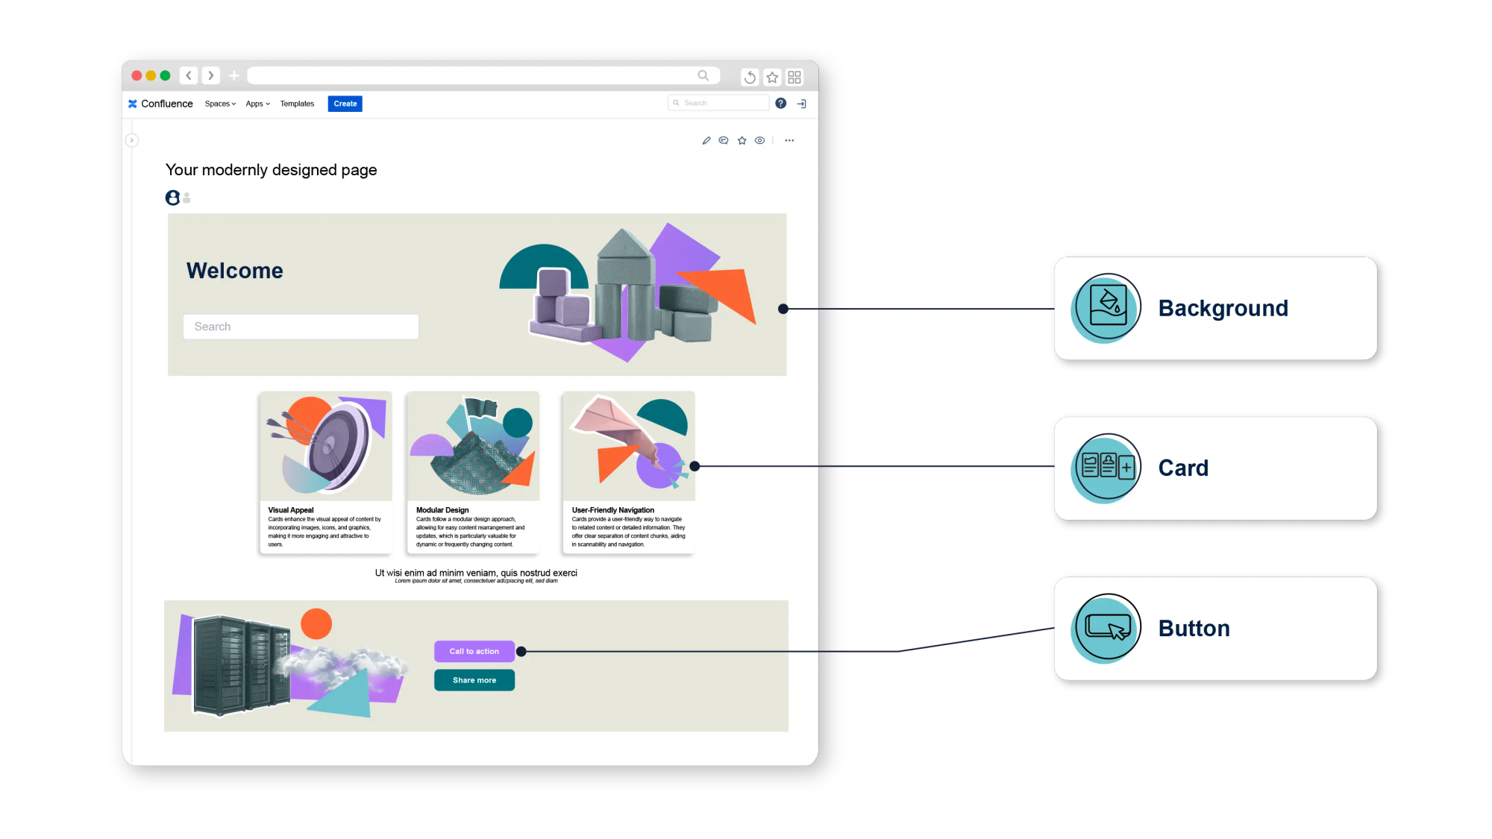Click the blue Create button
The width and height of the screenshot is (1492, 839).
[345, 104]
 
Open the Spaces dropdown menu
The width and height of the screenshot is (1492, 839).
[220, 104]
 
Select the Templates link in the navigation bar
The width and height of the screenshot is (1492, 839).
[297, 104]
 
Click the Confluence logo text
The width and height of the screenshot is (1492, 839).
[166, 104]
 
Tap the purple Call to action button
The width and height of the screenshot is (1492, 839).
[474, 651]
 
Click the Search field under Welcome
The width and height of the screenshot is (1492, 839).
[301, 327]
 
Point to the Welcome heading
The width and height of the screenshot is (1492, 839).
[235, 271]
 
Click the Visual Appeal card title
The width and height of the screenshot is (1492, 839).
[291, 510]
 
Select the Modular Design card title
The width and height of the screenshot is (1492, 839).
[442, 510]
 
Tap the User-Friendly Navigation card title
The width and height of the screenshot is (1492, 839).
[612, 510]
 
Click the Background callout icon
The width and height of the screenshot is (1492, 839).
[1106, 308]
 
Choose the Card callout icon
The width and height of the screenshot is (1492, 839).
[1106, 468]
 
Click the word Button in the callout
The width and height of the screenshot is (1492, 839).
[1194, 629]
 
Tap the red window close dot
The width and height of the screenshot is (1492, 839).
[137, 75]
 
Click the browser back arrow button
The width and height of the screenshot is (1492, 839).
[189, 75]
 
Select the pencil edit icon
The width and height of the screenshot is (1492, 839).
[706, 140]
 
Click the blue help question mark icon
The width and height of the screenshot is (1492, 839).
[780, 104]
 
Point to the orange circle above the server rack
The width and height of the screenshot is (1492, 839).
[316, 623]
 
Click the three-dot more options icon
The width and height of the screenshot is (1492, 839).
[789, 140]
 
